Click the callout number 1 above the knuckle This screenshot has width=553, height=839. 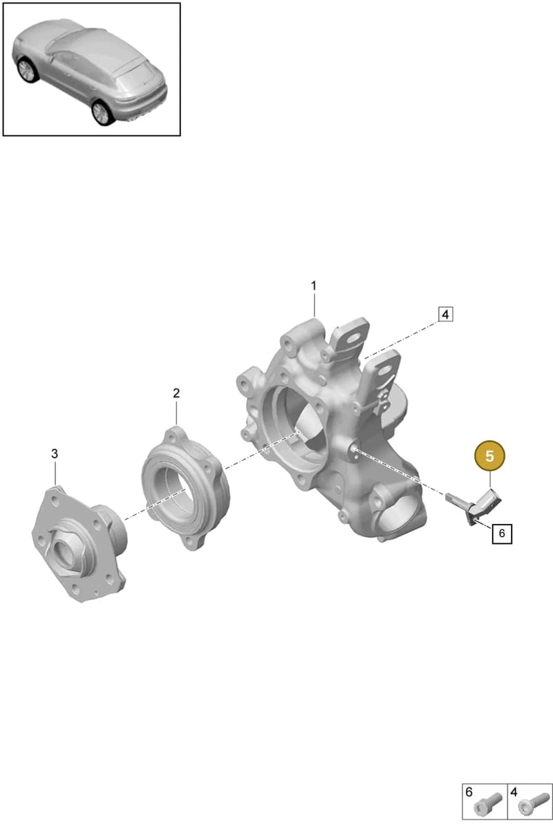[x=314, y=286]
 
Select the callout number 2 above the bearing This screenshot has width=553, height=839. [x=176, y=393]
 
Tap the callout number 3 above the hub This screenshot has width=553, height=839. [x=55, y=454]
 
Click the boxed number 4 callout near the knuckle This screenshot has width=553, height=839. [x=445, y=314]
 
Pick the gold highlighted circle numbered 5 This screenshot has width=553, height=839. [x=489, y=456]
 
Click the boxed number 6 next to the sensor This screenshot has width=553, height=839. [x=502, y=533]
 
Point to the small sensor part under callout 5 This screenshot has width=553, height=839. [x=474, y=506]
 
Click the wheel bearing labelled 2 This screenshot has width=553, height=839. [x=185, y=489]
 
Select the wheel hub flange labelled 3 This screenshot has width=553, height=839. [x=79, y=544]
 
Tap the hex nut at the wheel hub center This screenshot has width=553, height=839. [x=64, y=549]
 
